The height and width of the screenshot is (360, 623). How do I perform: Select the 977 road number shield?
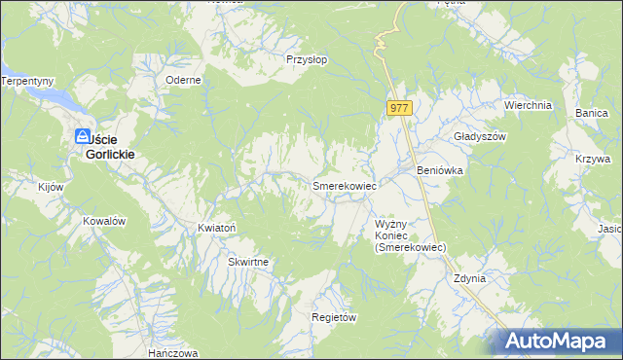coord(399,109)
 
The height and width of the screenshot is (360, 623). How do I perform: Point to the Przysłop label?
coord(306,58)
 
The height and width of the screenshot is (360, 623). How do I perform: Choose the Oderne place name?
coord(183,80)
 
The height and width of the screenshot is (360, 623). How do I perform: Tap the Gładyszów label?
coord(481,137)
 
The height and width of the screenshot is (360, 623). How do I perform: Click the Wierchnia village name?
coord(528,105)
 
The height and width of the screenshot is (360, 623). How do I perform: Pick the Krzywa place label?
coord(592,159)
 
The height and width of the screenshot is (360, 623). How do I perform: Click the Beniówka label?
coord(439,170)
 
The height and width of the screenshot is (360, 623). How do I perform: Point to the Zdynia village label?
coord(469,278)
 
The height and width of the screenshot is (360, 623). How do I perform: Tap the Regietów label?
coord(334,318)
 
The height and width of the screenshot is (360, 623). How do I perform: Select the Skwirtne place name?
coord(248,263)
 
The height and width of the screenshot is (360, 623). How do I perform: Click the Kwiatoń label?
coord(217,228)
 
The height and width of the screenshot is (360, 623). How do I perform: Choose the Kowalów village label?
coord(105,221)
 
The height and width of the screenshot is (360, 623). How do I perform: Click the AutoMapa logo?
coord(554,342)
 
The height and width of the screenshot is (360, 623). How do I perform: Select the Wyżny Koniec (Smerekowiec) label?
coord(410,235)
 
